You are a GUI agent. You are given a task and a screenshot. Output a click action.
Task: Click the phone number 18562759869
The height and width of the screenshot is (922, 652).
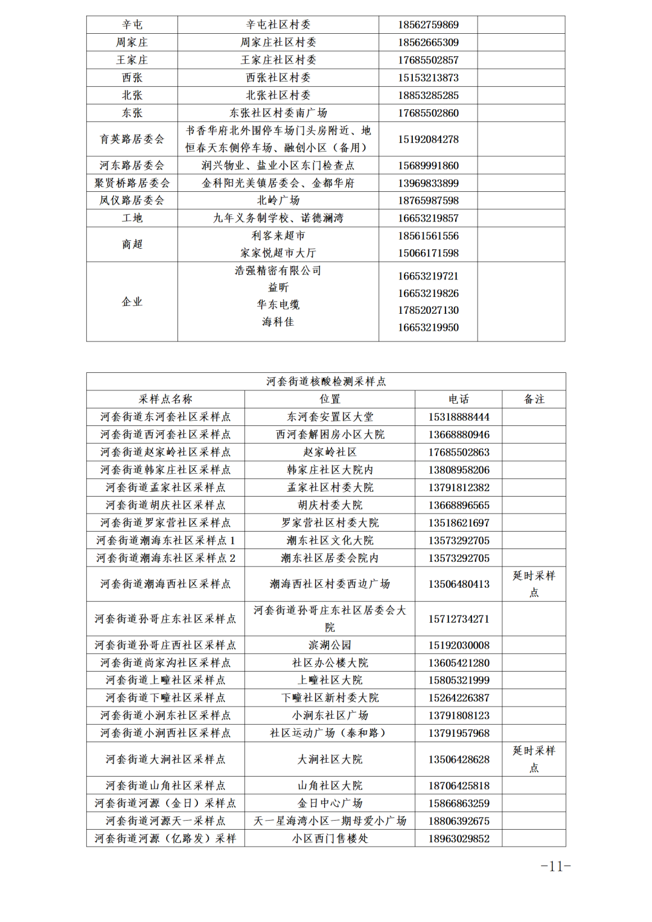point(428,25)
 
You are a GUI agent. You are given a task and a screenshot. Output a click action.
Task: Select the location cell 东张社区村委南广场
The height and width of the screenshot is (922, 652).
point(278,113)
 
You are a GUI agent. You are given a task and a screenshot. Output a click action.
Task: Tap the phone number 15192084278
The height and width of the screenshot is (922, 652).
point(428,139)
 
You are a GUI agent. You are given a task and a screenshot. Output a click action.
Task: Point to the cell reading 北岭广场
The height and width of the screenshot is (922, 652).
point(278,200)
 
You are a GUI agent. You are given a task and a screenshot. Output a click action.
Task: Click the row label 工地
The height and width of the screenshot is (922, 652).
point(132,218)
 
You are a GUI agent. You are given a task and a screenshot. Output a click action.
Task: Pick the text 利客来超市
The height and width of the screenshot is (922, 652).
point(278,235)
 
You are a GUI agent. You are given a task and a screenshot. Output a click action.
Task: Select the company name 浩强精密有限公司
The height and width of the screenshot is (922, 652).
point(278,270)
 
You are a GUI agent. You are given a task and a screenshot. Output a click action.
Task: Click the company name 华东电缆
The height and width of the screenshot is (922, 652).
point(278,305)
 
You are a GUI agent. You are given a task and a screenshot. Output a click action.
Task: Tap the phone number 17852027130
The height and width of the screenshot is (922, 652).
point(428,310)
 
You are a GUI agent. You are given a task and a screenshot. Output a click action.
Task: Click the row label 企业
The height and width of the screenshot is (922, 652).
point(132,302)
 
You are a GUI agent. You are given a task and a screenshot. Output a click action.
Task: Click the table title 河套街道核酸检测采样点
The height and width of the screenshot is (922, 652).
point(326,381)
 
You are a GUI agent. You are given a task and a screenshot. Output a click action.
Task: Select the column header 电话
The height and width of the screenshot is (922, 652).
point(459,399)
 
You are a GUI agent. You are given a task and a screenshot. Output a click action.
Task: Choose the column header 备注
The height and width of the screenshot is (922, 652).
point(534,399)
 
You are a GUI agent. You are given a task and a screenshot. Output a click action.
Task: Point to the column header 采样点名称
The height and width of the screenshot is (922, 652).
point(165,399)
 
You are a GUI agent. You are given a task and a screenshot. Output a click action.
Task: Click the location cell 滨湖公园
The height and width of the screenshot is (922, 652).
point(330,645)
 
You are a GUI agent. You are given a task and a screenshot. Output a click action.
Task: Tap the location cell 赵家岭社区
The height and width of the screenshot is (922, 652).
point(330,452)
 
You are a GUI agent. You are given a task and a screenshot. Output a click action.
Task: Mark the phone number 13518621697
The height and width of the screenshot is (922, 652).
point(459,523)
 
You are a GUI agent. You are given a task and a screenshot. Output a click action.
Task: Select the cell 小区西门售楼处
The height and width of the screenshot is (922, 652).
point(330,838)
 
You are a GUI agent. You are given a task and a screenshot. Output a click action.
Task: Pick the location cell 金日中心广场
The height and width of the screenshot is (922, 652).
point(330,803)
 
